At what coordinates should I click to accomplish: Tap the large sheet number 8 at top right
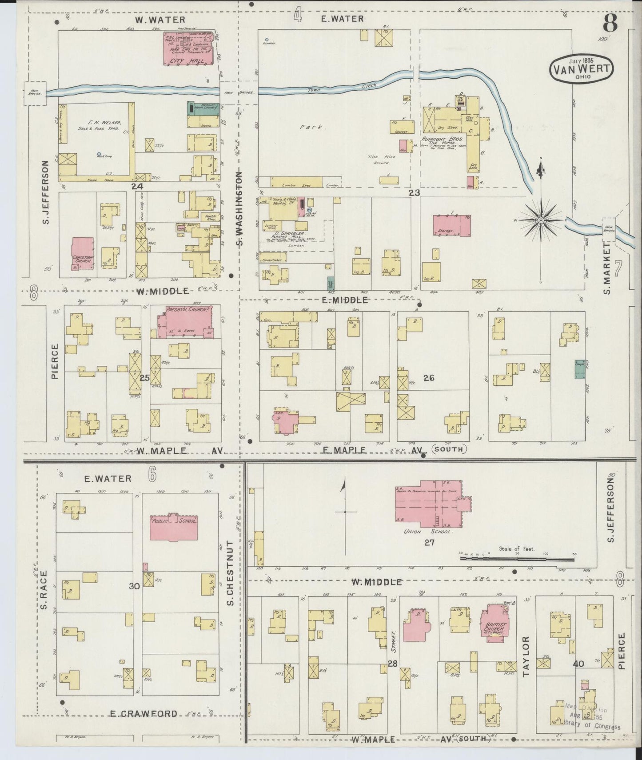[610, 23]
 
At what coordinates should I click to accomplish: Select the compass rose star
[541, 220]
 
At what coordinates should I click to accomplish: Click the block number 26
[429, 378]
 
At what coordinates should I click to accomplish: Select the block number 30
[134, 586]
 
